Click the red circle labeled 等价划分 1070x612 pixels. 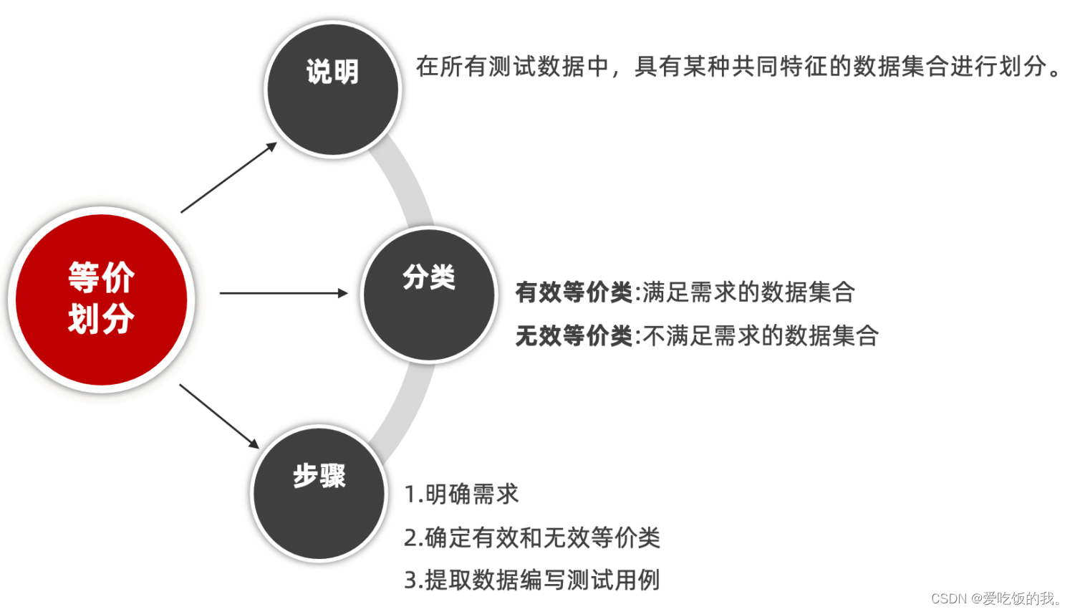(101, 299)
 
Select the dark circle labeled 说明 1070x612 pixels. (332, 89)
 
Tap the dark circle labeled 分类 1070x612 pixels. (428, 294)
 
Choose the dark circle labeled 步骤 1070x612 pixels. (319, 493)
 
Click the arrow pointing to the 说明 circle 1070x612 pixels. (228, 177)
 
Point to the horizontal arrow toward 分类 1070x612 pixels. (283, 293)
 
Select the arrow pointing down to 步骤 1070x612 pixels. (218, 416)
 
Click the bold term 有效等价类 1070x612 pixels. (574, 292)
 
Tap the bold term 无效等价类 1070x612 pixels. (574, 335)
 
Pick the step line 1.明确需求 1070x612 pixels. (461, 494)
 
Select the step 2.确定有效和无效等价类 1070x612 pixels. (531, 537)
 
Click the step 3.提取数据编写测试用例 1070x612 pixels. (531, 580)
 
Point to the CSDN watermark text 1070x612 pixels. (996, 598)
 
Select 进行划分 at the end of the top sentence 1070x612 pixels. (998, 67)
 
